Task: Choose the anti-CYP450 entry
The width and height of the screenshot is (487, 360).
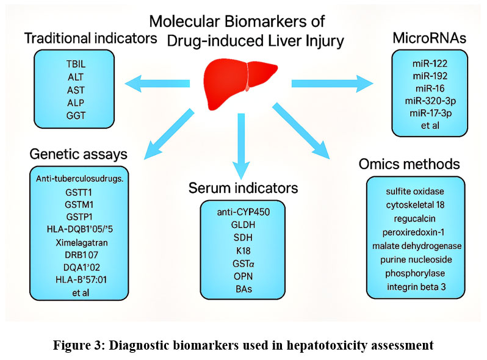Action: [243, 212]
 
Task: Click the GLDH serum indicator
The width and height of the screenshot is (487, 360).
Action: [243, 225]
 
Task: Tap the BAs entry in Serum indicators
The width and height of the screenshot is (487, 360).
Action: [243, 288]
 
